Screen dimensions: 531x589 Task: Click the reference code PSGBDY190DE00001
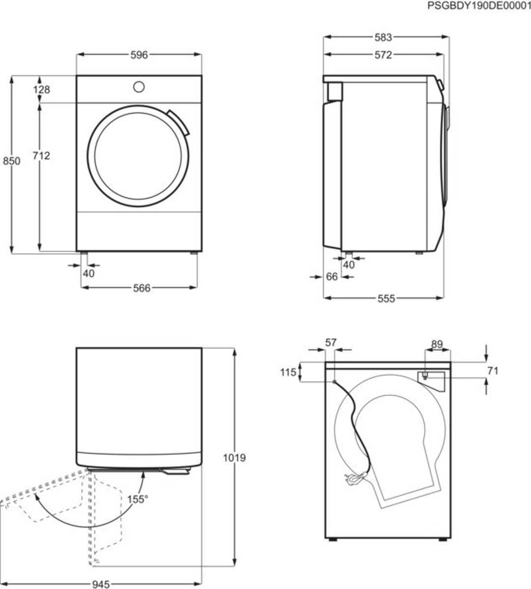[479, 5]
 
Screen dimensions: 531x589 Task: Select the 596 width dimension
[139, 55]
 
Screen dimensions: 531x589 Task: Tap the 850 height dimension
[11, 161]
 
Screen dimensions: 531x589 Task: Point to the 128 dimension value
[41, 89]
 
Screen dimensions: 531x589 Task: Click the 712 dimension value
[41, 156]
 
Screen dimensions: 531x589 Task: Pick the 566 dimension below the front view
[142, 288]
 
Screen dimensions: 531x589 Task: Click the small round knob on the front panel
[139, 87]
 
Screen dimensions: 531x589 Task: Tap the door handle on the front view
[178, 122]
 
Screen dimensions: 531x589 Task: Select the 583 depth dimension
[383, 37]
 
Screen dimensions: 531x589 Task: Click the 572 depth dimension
[383, 55]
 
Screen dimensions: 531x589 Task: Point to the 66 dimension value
[332, 277]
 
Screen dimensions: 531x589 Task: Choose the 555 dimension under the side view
[386, 298]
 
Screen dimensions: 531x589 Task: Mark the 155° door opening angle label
[138, 499]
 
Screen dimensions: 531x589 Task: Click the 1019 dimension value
[234, 458]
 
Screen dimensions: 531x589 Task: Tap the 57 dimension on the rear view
[331, 343]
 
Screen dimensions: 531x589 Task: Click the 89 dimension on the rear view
[437, 344]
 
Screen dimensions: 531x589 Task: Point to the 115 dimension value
[288, 373]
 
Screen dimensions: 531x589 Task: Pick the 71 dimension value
[493, 371]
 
